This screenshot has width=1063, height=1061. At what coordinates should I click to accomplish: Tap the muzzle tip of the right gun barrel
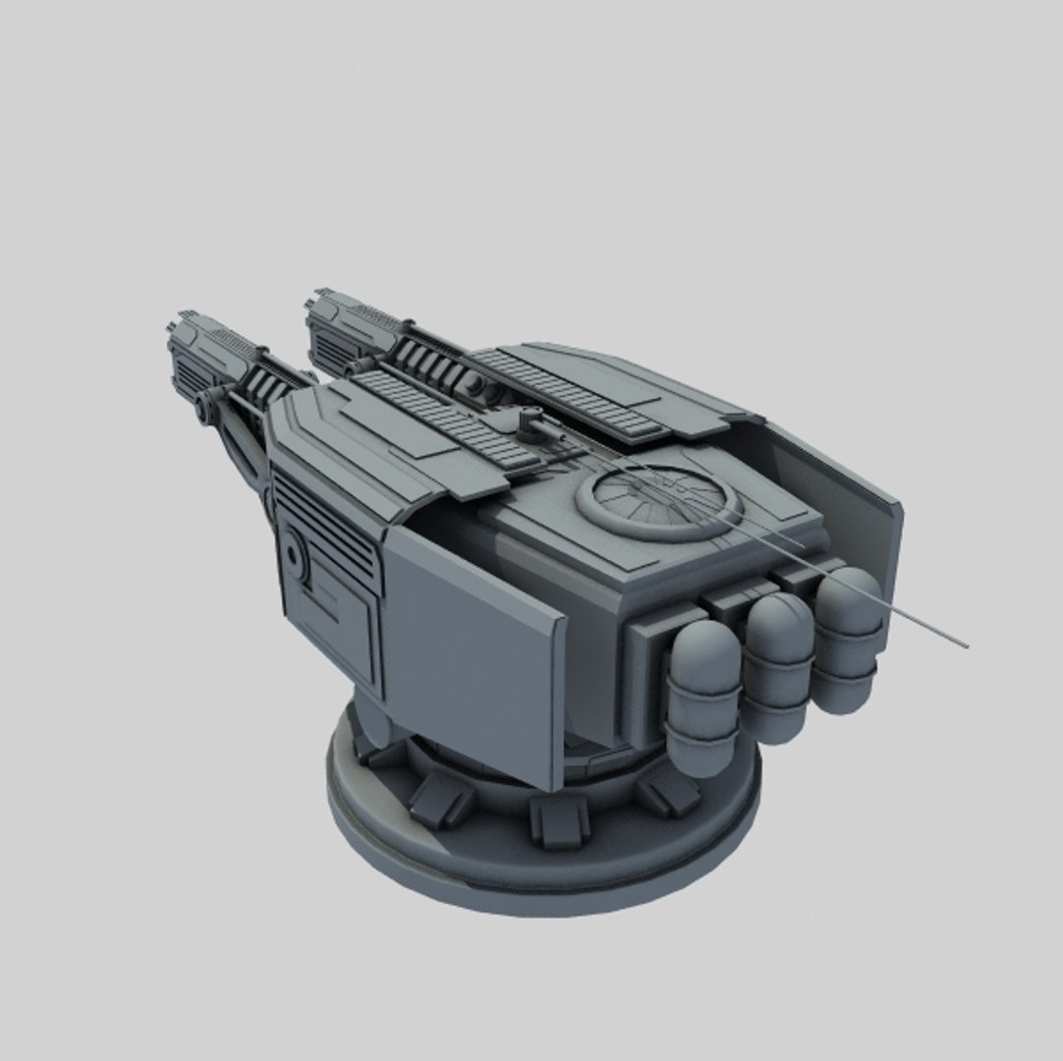tap(318, 301)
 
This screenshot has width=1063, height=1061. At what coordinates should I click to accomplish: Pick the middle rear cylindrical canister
tap(777, 666)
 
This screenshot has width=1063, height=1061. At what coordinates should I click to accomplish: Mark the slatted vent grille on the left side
tap(324, 522)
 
